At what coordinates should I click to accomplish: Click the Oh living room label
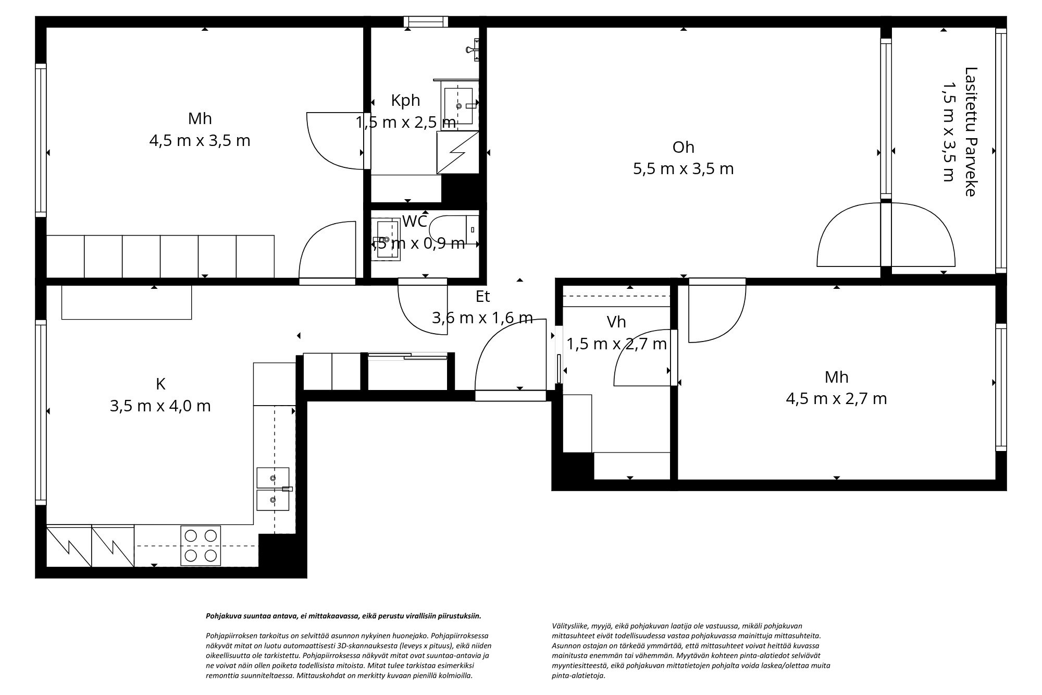tap(683, 148)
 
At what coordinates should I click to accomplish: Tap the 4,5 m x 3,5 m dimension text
tap(200, 141)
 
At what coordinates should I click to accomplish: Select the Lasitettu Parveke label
tap(970, 131)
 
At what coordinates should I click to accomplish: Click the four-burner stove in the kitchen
tap(201, 545)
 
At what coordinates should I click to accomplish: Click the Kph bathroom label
tap(405, 100)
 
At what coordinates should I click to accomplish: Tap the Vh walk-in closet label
tap(616, 322)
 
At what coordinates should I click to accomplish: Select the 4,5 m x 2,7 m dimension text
tap(836, 399)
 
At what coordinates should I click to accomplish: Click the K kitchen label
tap(160, 384)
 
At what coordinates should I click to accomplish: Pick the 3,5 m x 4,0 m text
tap(160, 406)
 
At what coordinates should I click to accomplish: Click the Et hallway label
tap(482, 297)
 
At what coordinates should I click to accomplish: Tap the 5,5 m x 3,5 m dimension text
tap(683, 169)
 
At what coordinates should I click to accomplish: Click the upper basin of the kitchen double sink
tap(272, 478)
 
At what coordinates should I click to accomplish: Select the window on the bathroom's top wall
tap(426, 21)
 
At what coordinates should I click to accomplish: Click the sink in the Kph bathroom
tap(458, 105)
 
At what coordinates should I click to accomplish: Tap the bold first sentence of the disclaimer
tap(343, 616)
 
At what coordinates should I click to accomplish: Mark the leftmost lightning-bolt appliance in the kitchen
tap(68, 546)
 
